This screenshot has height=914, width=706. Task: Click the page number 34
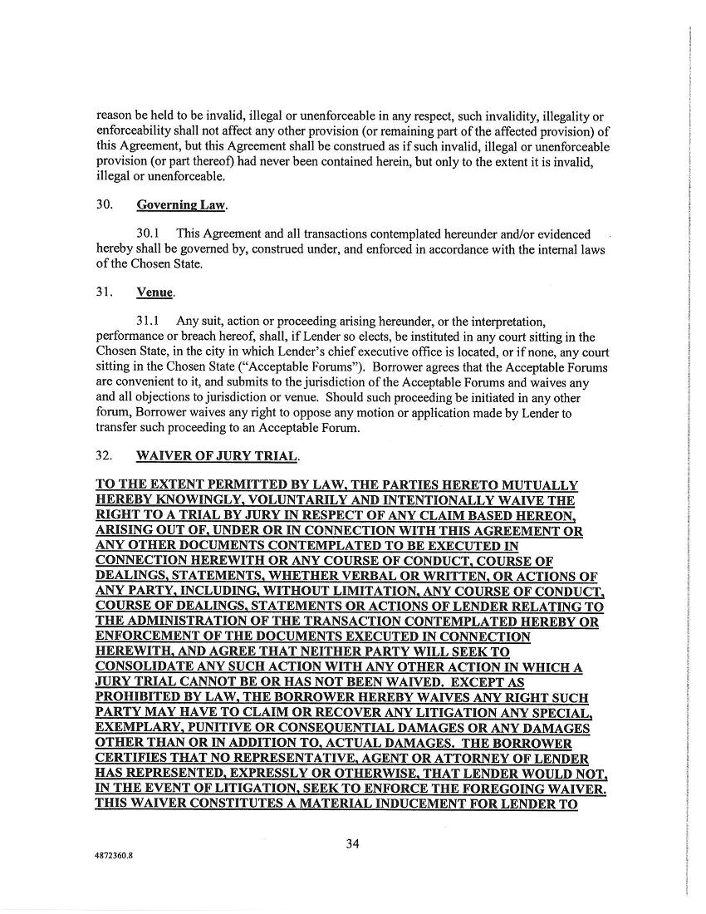pos(352,844)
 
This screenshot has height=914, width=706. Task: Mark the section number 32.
pos(105,457)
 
